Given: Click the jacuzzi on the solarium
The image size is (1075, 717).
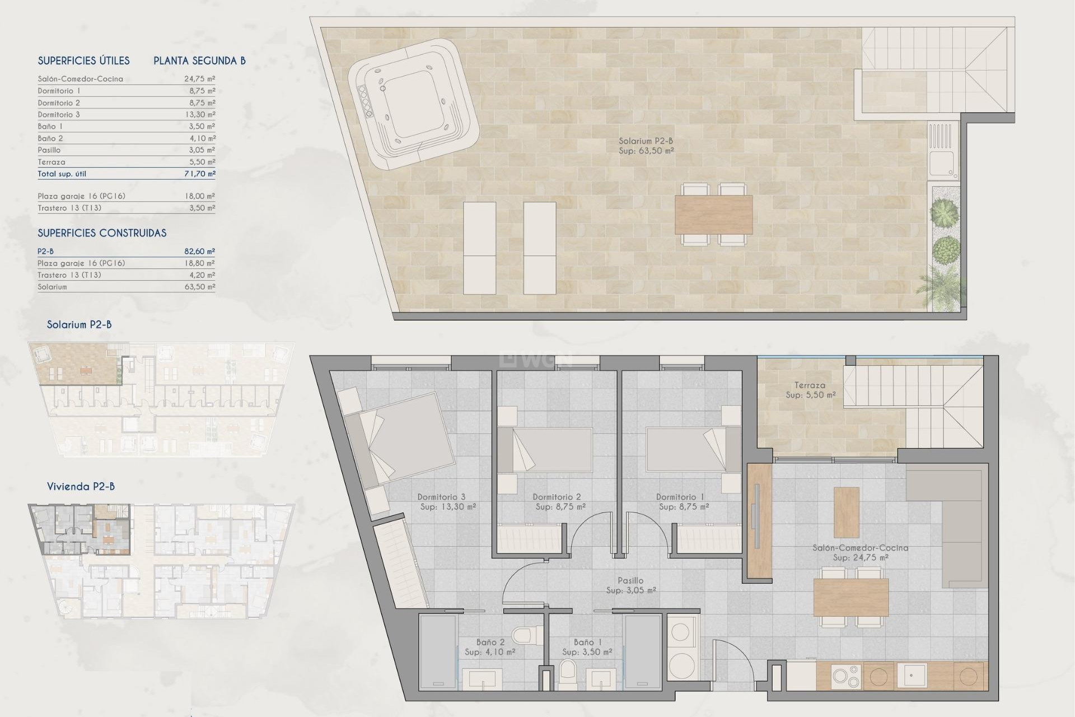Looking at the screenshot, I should click(413, 105).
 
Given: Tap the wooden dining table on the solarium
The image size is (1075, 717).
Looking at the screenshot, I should click(713, 215).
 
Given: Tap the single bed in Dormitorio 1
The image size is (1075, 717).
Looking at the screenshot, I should click(688, 450).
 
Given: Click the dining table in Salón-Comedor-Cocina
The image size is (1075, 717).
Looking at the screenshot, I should click(850, 597).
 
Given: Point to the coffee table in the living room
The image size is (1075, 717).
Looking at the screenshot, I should click(846, 512).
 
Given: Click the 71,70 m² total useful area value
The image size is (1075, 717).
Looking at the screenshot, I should click(200, 174).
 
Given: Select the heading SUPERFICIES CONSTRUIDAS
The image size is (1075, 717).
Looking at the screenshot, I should click(102, 233).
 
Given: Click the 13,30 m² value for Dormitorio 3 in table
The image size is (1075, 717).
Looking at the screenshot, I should click(200, 114).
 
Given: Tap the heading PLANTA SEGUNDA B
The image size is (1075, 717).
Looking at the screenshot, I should click(199, 60).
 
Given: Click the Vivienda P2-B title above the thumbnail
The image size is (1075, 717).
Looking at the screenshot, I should click(81, 486).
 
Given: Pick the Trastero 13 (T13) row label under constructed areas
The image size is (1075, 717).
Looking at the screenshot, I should click(69, 275).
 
